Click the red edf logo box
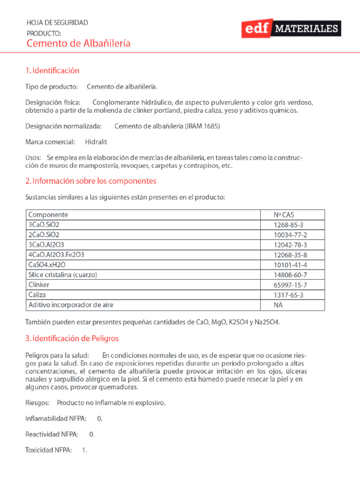click(x=257, y=29)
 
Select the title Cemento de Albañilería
click(x=78, y=44)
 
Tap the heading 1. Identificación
click(x=52, y=71)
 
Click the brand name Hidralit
click(x=96, y=142)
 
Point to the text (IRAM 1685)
click(x=202, y=126)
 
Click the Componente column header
click(x=48, y=215)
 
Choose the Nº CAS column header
click(x=284, y=215)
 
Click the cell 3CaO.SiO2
click(x=44, y=225)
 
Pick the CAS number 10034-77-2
click(x=291, y=235)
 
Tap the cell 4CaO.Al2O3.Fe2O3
click(x=56, y=255)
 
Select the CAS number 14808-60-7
click(x=291, y=275)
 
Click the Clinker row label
click(x=39, y=285)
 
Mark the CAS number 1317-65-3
click(x=289, y=295)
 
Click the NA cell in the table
click(x=278, y=305)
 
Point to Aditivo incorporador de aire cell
click(x=71, y=305)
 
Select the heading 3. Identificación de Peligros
click(x=72, y=338)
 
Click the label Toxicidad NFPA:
click(x=48, y=450)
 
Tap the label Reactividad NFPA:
click(x=52, y=435)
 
